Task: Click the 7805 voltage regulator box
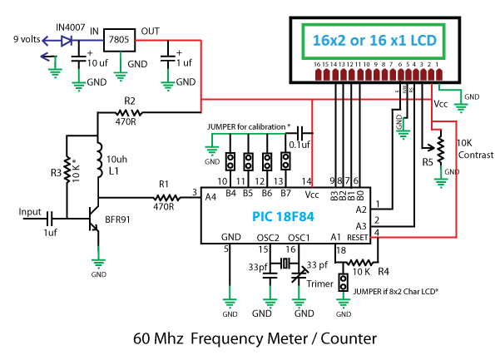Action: tap(119, 40)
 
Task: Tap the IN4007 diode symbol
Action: tap(67, 41)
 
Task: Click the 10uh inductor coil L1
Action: tap(99, 160)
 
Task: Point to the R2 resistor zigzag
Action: tap(129, 112)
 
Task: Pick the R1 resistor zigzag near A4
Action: tap(166, 198)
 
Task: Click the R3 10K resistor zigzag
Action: tap(67, 170)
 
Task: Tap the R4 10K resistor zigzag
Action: tap(360, 262)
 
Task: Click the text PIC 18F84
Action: tap(283, 217)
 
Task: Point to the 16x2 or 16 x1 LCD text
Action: tap(374, 41)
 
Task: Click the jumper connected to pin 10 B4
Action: tap(230, 161)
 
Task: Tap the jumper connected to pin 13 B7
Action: tap(285, 161)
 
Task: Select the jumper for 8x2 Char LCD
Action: tap(343, 282)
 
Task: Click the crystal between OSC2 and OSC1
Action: tap(285, 263)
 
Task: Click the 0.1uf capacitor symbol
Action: tap(300, 133)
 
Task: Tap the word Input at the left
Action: tap(30, 212)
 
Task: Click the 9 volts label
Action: tap(27, 39)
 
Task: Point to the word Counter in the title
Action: tap(349, 338)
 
